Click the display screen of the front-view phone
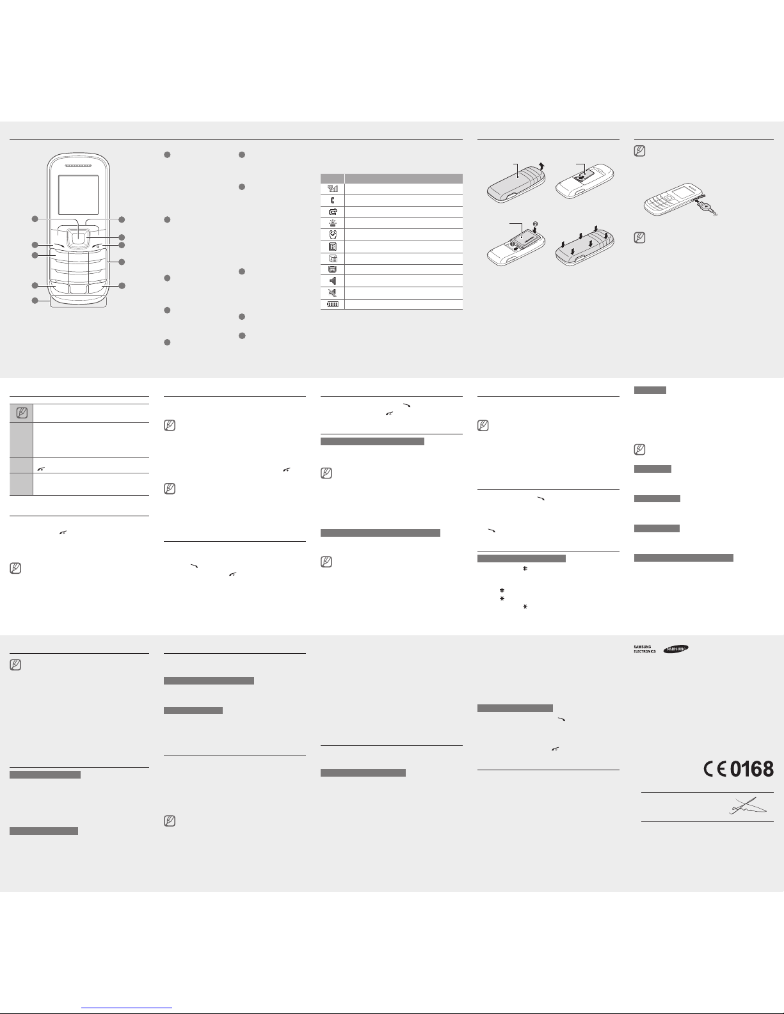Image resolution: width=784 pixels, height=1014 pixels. (x=78, y=194)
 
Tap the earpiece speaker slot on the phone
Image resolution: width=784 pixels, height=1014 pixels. (x=78, y=166)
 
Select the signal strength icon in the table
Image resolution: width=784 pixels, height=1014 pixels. (x=333, y=189)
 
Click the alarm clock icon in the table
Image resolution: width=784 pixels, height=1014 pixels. (x=333, y=234)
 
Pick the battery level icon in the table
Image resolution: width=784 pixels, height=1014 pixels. (x=333, y=305)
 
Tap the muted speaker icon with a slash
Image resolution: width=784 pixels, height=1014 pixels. (x=333, y=293)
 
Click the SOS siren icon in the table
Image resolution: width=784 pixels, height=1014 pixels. (x=333, y=223)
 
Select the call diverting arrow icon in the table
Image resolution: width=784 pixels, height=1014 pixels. (x=333, y=211)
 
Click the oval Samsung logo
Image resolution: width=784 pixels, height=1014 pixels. (x=676, y=649)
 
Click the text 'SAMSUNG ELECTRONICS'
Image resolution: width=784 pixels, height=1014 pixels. (x=644, y=649)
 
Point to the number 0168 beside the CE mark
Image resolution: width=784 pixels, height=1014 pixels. (x=751, y=769)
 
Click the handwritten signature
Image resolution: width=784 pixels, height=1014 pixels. (x=748, y=807)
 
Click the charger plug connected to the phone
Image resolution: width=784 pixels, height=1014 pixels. (x=707, y=205)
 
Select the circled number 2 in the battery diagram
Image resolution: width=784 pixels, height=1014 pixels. (x=535, y=224)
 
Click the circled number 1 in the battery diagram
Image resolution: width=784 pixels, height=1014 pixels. (x=513, y=243)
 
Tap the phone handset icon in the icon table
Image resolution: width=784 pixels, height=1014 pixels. (x=332, y=200)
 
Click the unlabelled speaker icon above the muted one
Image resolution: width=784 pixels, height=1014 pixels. (x=333, y=281)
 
